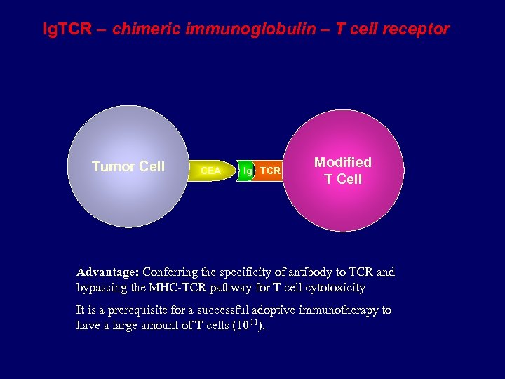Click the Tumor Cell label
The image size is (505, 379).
click(128, 166)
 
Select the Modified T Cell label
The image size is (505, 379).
click(343, 171)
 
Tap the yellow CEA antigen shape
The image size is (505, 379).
click(210, 171)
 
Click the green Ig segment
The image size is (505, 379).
click(246, 171)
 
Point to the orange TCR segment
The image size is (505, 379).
click(270, 171)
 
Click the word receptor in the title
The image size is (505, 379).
click(414, 29)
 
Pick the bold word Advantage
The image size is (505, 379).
click(108, 272)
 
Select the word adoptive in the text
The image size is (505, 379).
click(276, 310)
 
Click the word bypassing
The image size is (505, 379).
click(100, 288)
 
